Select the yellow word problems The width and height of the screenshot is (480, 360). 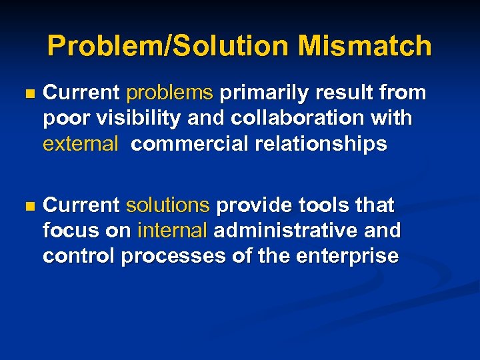point(169,93)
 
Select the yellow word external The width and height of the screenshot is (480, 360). point(80,144)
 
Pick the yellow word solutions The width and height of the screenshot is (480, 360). point(168,205)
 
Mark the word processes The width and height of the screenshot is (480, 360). point(177,256)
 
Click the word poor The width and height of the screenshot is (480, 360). point(66,119)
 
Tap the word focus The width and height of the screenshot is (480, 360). point(69,231)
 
